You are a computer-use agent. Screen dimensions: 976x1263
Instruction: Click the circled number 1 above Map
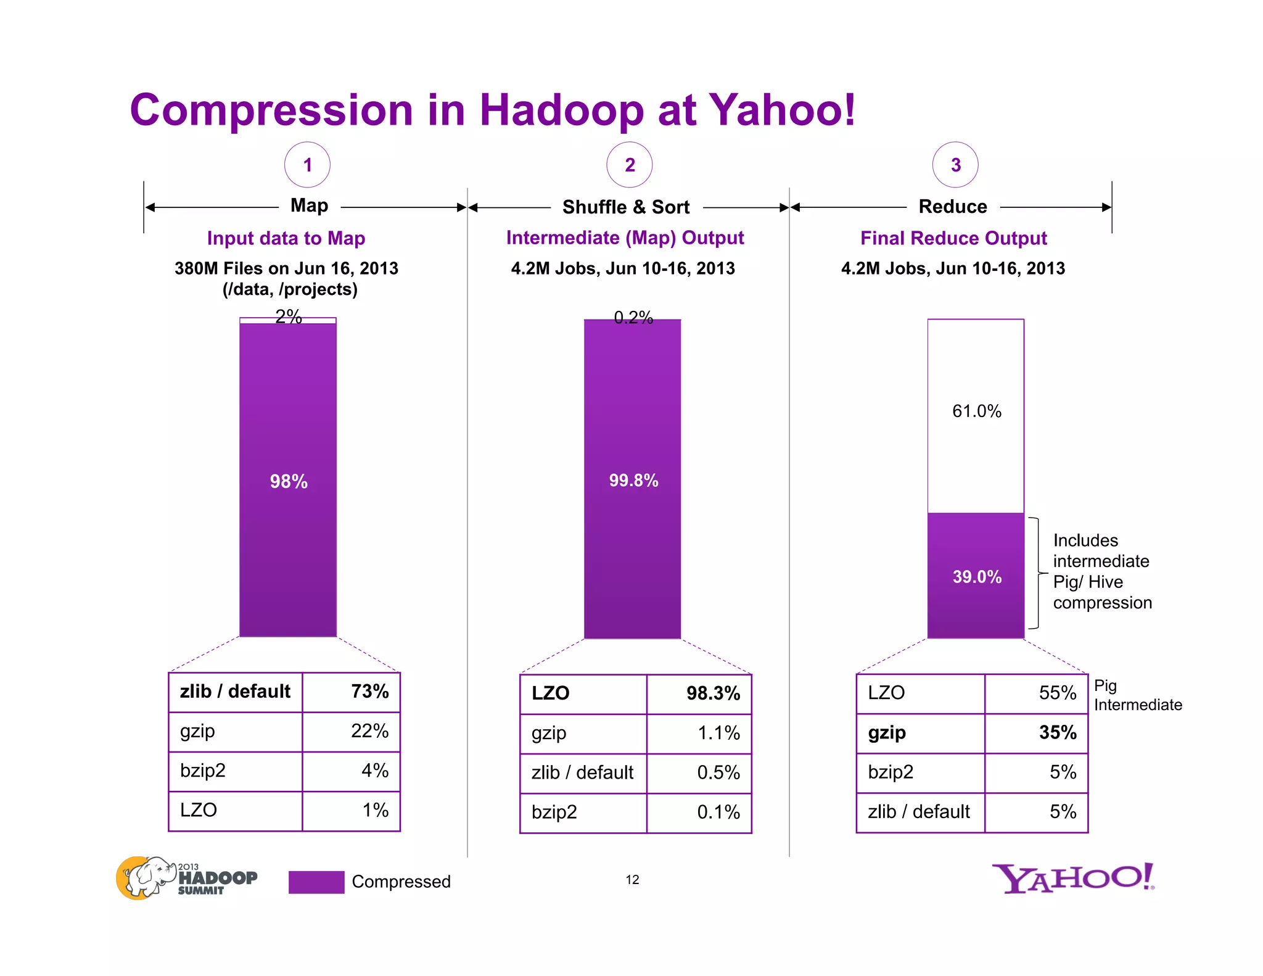click(307, 165)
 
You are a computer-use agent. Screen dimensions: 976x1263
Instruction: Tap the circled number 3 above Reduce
click(955, 165)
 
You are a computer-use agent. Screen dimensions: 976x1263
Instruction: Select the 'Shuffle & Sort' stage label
click(625, 207)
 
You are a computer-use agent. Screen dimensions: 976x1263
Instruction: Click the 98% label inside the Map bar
click(289, 481)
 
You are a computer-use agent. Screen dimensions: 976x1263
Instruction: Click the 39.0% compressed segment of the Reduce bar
click(976, 576)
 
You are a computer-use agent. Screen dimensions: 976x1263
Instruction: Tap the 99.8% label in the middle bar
click(633, 481)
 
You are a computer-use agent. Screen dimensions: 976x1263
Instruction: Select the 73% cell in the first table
click(352, 692)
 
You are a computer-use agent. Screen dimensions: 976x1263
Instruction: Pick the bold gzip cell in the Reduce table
click(920, 733)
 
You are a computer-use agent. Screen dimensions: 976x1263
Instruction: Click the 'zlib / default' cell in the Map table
click(235, 692)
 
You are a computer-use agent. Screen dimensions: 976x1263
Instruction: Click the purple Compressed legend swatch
click(316, 882)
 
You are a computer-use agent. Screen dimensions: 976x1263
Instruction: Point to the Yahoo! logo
click(1073, 878)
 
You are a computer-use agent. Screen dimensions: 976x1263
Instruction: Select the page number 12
click(632, 880)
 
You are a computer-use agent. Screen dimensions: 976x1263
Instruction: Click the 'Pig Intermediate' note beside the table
click(1137, 695)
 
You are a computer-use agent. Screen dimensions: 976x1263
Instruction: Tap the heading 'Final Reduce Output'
click(953, 238)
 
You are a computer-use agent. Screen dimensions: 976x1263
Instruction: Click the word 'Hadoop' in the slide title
click(561, 110)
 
